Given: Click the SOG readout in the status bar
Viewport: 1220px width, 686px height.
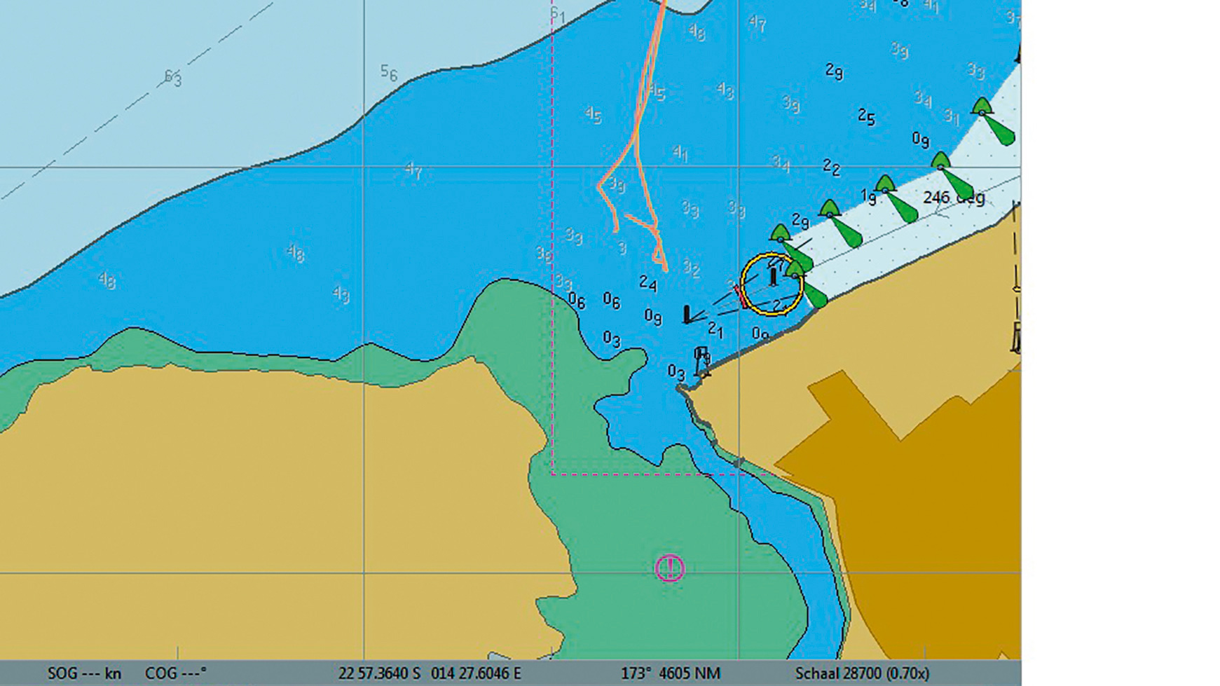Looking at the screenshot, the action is click(x=84, y=673).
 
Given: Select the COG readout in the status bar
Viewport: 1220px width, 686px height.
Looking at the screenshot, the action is click(x=175, y=673).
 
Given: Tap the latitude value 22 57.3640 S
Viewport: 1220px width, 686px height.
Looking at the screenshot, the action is click(x=379, y=673).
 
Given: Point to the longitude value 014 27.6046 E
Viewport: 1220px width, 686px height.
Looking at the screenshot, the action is click(x=476, y=673).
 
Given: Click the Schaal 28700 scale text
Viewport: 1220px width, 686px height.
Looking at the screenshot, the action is click(x=862, y=673).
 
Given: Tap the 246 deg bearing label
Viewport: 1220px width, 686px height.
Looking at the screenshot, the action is click(x=953, y=198).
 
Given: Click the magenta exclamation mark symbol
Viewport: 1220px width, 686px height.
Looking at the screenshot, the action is click(x=669, y=568).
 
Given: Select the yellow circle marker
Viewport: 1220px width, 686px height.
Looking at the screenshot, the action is click(x=772, y=284).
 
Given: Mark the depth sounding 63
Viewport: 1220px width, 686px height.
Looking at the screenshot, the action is click(x=172, y=78).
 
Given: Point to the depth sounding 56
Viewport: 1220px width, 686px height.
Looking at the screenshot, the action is click(x=389, y=73).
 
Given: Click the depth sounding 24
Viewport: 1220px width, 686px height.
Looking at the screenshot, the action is click(x=648, y=284).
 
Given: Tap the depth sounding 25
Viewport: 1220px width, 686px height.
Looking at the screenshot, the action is click(x=866, y=117).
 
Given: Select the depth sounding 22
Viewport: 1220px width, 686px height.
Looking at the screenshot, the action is click(x=831, y=167).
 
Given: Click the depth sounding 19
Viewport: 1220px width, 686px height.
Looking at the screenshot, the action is click(x=868, y=198).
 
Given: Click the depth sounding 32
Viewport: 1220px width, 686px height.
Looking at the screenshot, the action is click(x=691, y=268).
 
